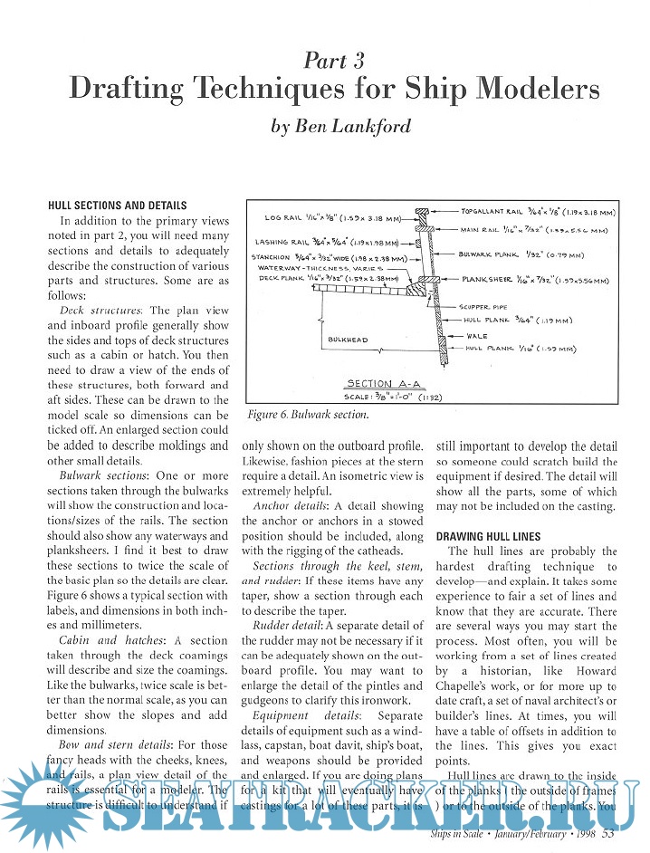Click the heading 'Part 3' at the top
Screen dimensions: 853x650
tap(334, 61)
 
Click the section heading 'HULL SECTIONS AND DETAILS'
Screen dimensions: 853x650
tap(117, 206)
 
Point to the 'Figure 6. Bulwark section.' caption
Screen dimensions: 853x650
tap(296, 415)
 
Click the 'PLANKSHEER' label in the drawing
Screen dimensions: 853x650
tap(493, 281)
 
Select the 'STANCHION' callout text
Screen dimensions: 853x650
tap(271, 256)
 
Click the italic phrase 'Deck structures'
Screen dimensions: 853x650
tap(100, 310)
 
